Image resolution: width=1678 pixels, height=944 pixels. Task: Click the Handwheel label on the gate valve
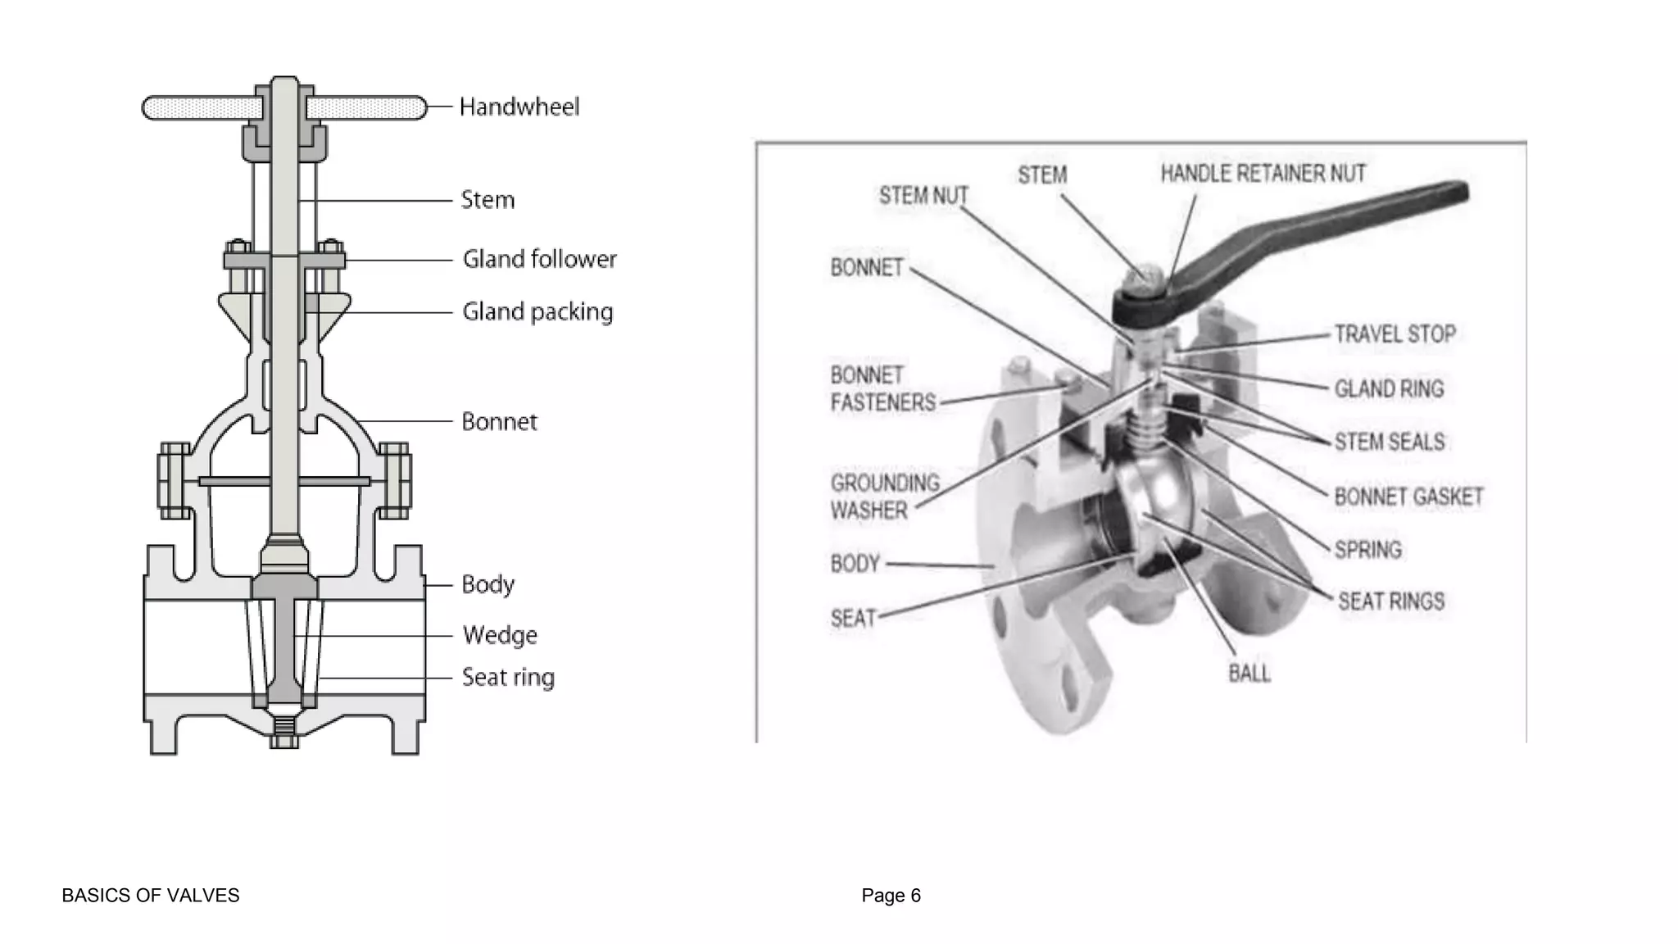coord(519,107)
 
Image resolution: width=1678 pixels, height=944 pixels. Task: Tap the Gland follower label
coord(539,259)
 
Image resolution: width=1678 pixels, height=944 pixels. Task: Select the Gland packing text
coord(537,312)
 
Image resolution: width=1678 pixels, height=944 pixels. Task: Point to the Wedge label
coord(500,635)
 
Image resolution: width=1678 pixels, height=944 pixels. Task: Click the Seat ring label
coord(508,678)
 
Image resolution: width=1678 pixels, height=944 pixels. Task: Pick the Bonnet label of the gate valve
coord(499,422)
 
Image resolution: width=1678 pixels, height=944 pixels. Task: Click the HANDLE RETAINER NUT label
coord(1263,174)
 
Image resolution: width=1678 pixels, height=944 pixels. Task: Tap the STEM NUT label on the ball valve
coord(923,196)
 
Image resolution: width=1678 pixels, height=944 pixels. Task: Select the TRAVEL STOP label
coord(1395,334)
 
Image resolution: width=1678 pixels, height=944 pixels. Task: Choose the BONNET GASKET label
coord(1408,497)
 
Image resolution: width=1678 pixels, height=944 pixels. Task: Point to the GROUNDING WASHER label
coord(884,497)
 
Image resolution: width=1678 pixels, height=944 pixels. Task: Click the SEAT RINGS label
coord(1390,601)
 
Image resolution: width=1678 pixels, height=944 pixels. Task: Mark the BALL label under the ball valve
coord(1249,674)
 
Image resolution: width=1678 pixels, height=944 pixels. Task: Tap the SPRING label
coord(1367,549)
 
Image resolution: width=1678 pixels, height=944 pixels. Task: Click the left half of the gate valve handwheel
coord(202,108)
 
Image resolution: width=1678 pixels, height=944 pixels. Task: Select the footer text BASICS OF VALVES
coord(151,896)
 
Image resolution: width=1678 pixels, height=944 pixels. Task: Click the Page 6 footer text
coord(891,896)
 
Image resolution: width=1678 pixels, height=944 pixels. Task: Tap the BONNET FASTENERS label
coord(882,389)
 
